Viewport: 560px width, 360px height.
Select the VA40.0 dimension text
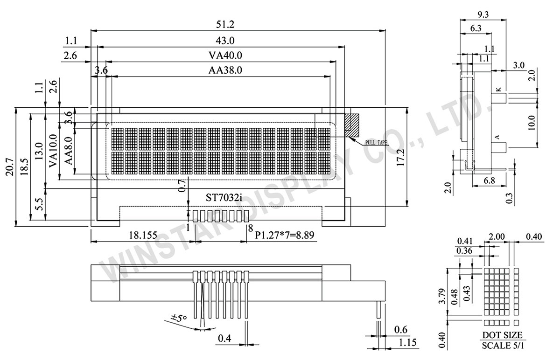[225, 55]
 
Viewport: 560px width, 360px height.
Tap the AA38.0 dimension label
[225, 71]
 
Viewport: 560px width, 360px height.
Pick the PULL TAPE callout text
[376, 143]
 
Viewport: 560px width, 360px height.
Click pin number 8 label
[251, 228]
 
